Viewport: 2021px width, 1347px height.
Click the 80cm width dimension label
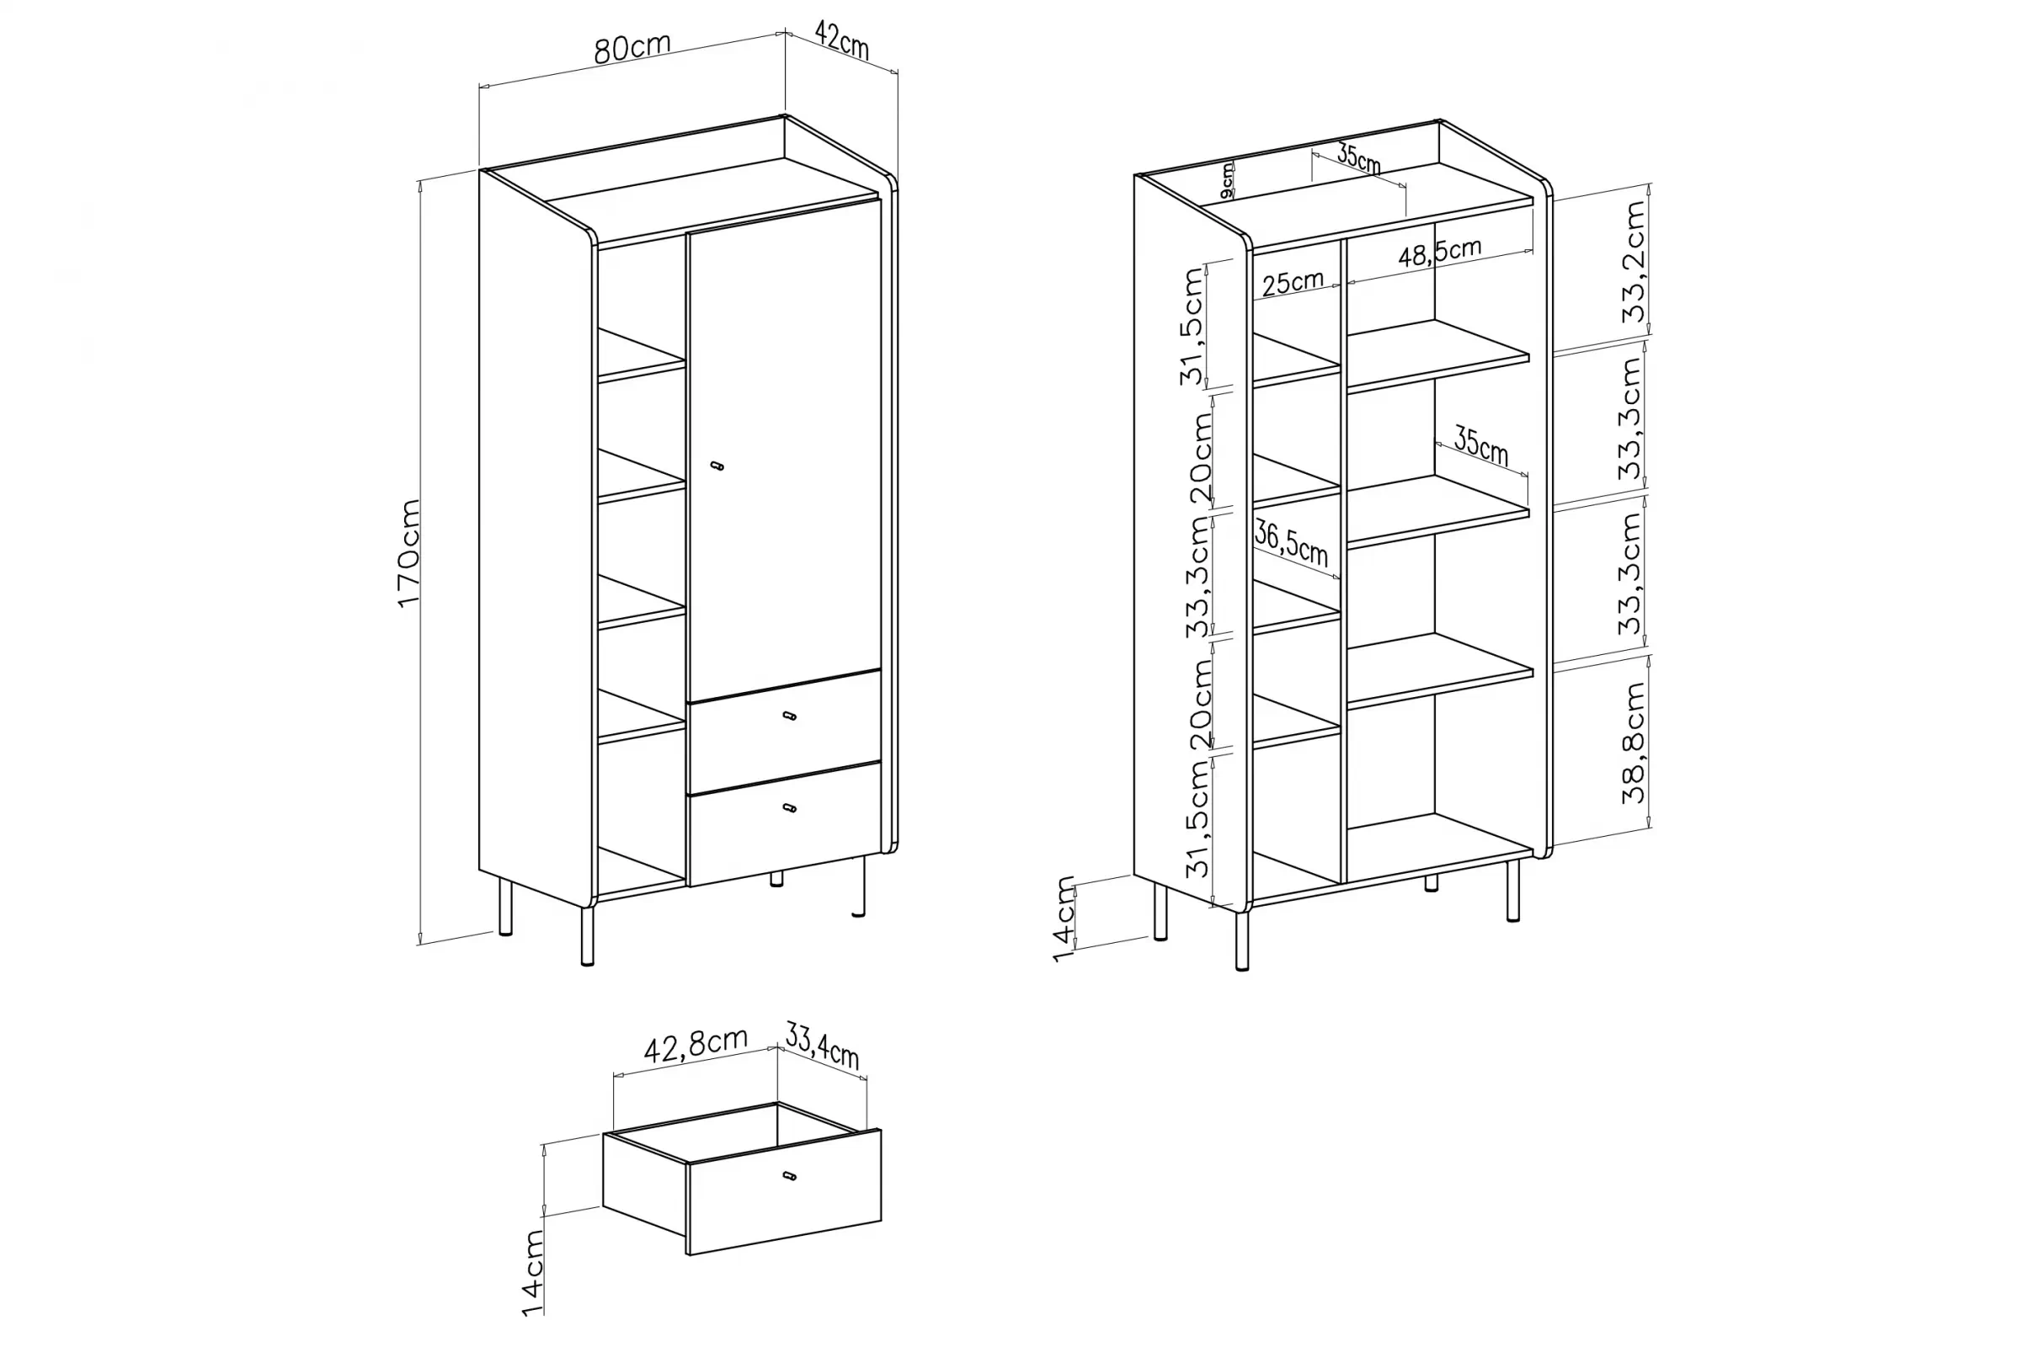pyautogui.click(x=632, y=48)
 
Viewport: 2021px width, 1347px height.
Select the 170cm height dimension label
pyautogui.click(x=409, y=554)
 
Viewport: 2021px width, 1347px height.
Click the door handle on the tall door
pyautogui.click(x=717, y=466)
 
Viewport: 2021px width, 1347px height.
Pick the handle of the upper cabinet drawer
pyautogui.click(x=790, y=716)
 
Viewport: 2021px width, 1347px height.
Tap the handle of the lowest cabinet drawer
pyautogui.click(x=790, y=807)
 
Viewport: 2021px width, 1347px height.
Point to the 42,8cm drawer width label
pyautogui.click(x=696, y=1046)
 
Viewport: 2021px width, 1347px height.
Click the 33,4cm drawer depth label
pyautogui.click(x=822, y=1044)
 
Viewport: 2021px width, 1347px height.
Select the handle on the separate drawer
pyautogui.click(x=790, y=1175)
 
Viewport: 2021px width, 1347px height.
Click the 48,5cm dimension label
pyautogui.click(x=1439, y=252)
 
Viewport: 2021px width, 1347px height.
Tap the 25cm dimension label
pyautogui.click(x=1293, y=283)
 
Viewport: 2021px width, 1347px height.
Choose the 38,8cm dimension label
pyautogui.click(x=1633, y=743)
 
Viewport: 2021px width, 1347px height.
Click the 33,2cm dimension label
pyautogui.click(x=1633, y=262)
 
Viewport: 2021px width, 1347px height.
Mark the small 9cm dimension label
pyautogui.click(x=1228, y=182)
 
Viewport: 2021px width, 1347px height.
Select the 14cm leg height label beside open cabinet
pyautogui.click(x=1064, y=919)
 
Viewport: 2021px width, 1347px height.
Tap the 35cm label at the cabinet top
pyautogui.click(x=1358, y=160)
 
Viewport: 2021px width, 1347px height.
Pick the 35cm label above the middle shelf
pyautogui.click(x=1480, y=446)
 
